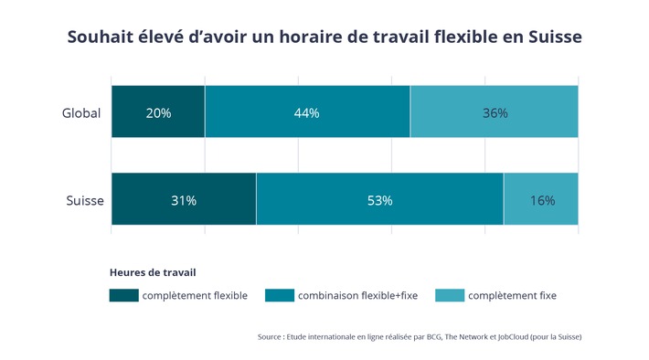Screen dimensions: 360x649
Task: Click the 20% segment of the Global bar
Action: tap(157, 112)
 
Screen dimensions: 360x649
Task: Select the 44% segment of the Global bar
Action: tap(307, 112)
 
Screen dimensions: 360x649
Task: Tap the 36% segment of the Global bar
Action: tap(494, 112)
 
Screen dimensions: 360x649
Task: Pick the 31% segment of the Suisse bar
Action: tap(183, 199)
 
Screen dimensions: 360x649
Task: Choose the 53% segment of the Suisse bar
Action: tap(379, 199)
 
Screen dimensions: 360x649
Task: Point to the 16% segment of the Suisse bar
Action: tap(541, 199)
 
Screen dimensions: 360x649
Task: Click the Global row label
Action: tap(80, 113)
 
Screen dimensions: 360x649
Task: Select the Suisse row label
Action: tap(84, 200)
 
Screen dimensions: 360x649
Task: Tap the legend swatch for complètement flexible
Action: tap(123, 295)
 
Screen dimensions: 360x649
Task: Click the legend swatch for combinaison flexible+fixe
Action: tap(280, 295)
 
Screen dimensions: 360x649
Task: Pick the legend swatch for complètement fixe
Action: tap(449, 295)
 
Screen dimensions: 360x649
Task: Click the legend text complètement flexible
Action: tap(195, 295)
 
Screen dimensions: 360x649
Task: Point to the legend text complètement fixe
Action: tap(512, 295)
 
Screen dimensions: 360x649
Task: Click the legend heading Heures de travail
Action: tap(153, 272)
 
